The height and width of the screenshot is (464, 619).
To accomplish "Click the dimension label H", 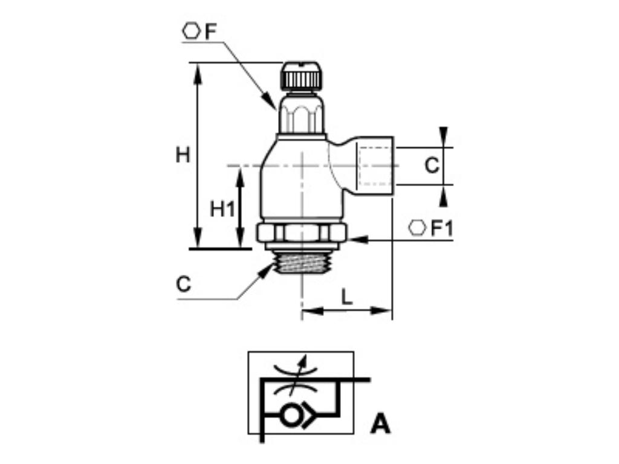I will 183,155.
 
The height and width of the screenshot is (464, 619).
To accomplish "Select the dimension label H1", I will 221,209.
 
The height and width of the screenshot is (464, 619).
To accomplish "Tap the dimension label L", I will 346,297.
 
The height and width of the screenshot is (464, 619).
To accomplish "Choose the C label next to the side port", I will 431,165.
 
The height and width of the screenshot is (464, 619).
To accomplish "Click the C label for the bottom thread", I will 184,284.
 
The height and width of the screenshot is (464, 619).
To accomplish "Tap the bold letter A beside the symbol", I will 380,424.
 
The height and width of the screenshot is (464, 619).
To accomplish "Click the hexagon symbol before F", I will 191,31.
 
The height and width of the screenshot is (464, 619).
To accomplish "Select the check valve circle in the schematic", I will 291,415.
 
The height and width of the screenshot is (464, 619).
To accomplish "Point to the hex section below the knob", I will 300,115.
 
